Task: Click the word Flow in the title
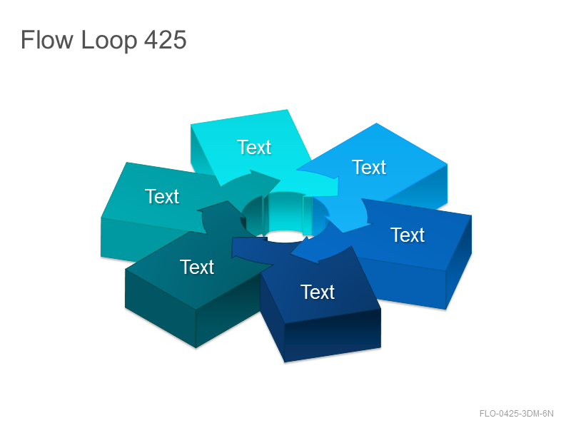(47, 39)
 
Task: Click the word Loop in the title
(109, 41)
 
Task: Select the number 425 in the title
(166, 39)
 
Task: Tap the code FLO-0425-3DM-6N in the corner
(516, 414)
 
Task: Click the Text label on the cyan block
(254, 148)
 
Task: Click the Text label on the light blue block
(369, 168)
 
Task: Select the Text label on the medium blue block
(408, 235)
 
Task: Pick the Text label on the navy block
(318, 292)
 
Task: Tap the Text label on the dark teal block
(197, 267)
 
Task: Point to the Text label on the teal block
(162, 197)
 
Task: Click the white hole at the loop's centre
(285, 237)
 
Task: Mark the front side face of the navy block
(332, 335)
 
